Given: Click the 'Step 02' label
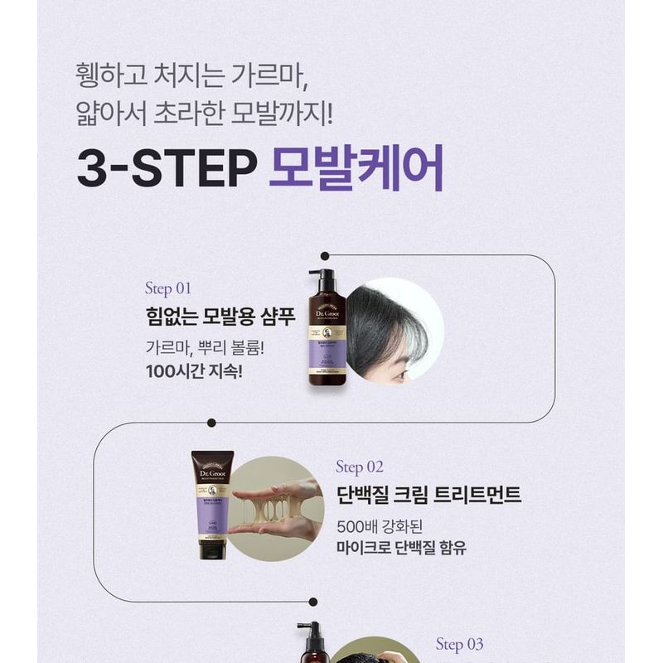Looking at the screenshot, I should click(x=360, y=467).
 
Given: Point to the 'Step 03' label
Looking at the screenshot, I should click(x=459, y=644).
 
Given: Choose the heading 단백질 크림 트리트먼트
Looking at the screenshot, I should click(x=429, y=495).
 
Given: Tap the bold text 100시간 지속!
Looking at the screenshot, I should click(x=194, y=370).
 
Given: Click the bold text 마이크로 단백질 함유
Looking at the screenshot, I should click(x=402, y=548).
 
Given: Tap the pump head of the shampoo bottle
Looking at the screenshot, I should click(x=324, y=276).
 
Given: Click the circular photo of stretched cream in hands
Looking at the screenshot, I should click(x=274, y=508).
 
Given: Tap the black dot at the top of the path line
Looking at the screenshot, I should click(x=325, y=256).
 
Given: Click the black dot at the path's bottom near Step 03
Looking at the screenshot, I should click(x=312, y=602).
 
